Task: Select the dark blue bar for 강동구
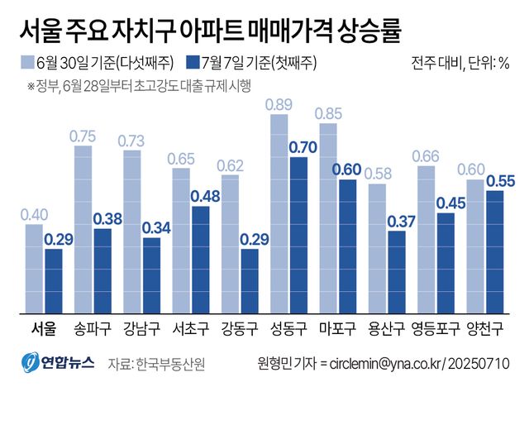pos(249,281)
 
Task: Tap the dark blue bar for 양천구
pos(495,252)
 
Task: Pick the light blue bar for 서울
pos(34,269)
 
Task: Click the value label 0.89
pos(278,104)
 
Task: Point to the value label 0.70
pos(298,148)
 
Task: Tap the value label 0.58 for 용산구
pos(376,174)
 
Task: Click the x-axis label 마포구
pos(337,328)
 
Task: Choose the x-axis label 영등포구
pos(436,328)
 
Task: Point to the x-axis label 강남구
pos(141,328)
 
